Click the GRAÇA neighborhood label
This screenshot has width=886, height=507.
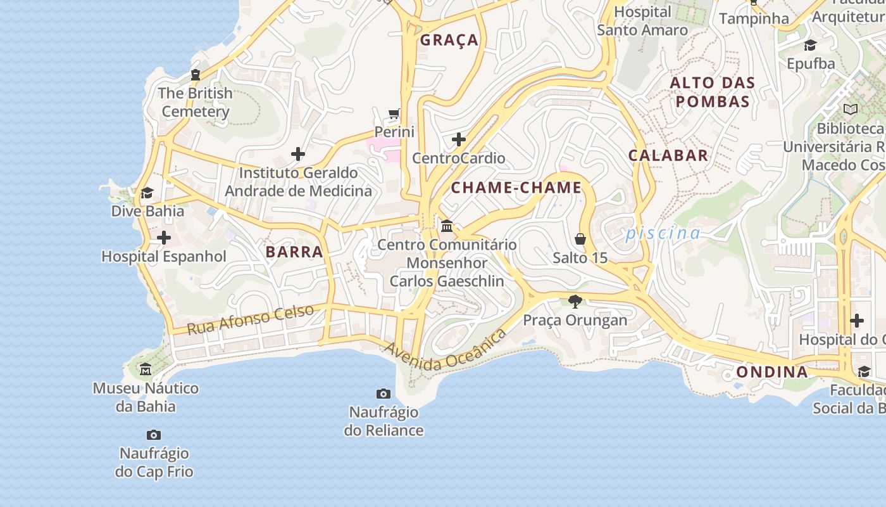tap(449, 40)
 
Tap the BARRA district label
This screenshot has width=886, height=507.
tap(294, 252)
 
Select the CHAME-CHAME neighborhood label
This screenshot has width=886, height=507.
tap(516, 188)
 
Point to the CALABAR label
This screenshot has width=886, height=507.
tap(668, 155)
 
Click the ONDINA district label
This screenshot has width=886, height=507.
tap(772, 372)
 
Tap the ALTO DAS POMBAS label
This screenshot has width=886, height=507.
tap(713, 92)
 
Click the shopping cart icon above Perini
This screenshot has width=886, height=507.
tap(394, 114)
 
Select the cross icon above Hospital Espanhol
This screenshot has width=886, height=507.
tap(164, 238)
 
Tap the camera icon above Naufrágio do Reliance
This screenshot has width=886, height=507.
tap(384, 394)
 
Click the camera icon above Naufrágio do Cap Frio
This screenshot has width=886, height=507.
tap(154, 435)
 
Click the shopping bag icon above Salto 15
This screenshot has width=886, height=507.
tap(580, 239)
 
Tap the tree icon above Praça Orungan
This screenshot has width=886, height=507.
tap(575, 301)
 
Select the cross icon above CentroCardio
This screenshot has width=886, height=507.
tap(459, 139)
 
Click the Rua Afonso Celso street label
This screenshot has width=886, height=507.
tap(251, 320)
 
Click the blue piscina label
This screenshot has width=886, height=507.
tap(663, 234)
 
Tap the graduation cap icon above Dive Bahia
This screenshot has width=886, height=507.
tap(147, 193)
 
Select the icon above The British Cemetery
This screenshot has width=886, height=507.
tap(196, 75)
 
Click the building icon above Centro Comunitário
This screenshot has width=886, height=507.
tap(447, 226)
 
